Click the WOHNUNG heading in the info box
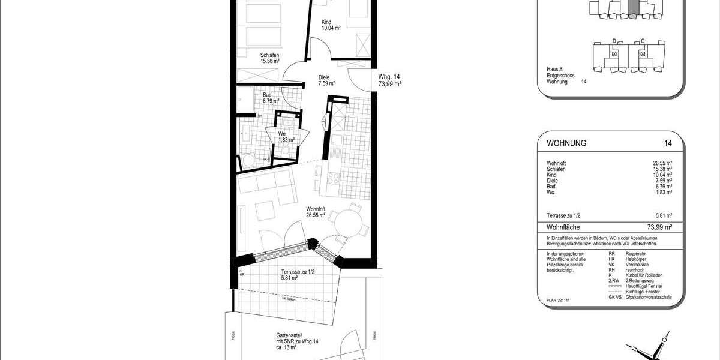[566, 143]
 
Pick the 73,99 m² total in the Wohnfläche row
[659, 227]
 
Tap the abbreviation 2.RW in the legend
[614, 280]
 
